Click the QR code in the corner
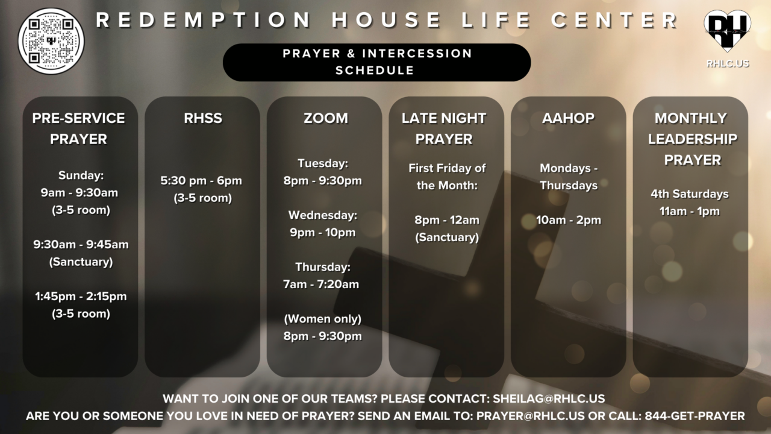(x=51, y=41)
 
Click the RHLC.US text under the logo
(x=728, y=63)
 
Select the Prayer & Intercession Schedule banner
(x=376, y=62)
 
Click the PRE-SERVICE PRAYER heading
(x=78, y=128)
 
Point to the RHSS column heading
(x=203, y=118)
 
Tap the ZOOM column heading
(x=325, y=118)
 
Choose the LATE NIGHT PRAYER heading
(x=444, y=128)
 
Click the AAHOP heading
(x=568, y=118)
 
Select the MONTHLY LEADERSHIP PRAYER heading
(x=692, y=139)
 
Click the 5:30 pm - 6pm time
(x=201, y=181)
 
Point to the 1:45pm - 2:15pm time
(x=81, y=296)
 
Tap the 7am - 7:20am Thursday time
(x=321, y=284)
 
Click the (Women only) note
(x=322, y=319)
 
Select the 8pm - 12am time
(x=446, y=220)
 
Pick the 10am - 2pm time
(x=569, y=220)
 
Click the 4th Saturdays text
(x=689, y=194)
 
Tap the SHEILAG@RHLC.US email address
(x=549, y=398)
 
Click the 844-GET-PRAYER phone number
(x=695, y=416)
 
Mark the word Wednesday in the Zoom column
(x=322, y=215)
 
